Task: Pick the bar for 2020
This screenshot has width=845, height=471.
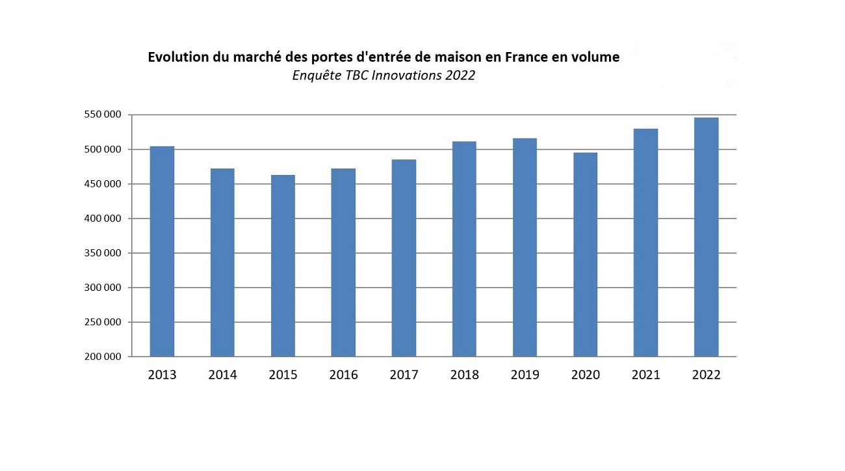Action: pos(585,254)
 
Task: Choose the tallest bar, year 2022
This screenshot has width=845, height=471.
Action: pos(706,237)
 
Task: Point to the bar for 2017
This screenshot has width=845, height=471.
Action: pos(404,258)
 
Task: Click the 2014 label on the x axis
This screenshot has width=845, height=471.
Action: pos(222,375)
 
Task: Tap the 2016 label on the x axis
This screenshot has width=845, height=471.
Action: pos(343,375)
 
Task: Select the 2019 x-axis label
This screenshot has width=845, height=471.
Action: pos(525,375)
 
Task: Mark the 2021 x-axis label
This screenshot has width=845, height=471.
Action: pos(645,375)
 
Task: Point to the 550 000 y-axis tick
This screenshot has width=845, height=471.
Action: pos(102,115)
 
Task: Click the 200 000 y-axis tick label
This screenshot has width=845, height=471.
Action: pos(102,357)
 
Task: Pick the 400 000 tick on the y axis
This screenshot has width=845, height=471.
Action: pos(102,219)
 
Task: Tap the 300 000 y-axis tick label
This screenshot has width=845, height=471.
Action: pos(102,288)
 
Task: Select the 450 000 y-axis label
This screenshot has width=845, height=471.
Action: pos(102,184)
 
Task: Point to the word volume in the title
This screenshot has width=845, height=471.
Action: pos(595,57)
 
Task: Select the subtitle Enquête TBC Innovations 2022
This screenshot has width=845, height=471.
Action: pos(383,75)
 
